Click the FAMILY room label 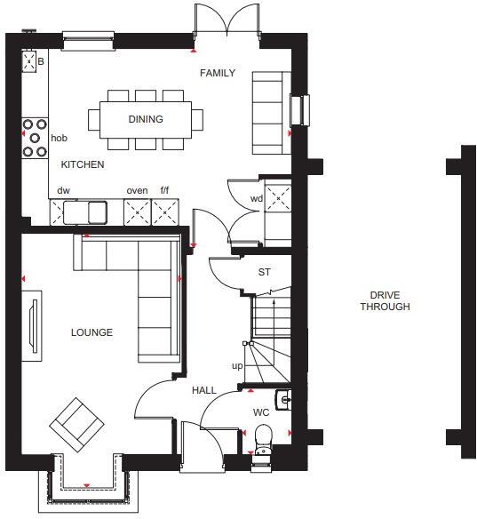pyautogui.click(x=218, y=73)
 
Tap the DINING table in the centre pyautogui.click(x=146, y=119)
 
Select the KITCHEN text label pyautogui.click(x=83, y=165)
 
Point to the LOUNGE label pyautogui.click(x=92, y=333)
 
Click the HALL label pyautogui.click(x=204, y=390)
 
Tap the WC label pyautogui.click(x=260, y=411)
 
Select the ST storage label pyautogui.click(x=264, y=273)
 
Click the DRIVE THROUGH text pyautogui.click(x=385, y=301)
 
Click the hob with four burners pyautogui.click(x=36, y=138)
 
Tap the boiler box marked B pyautogui.click(x=35, y=61)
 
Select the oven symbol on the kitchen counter pyautogui.click(x=138, y=212)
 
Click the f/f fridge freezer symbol pyautogui.click(x=165, y=212)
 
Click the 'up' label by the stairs pyautogui.click(x=237, y=366)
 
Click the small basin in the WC pyautogui.click(x=283, y=400)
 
